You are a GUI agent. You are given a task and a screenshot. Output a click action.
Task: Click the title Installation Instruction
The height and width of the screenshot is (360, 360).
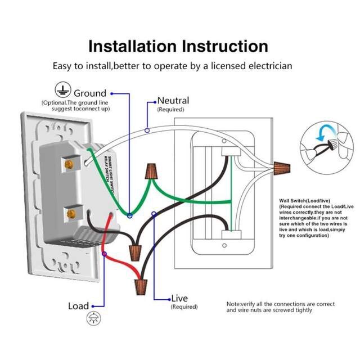[178, 46]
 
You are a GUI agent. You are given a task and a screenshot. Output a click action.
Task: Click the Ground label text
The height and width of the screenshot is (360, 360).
[89, 93]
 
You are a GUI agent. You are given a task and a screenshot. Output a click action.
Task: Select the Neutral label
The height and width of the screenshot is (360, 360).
[173, 100]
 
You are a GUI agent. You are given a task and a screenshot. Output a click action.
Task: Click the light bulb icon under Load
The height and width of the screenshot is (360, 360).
[91, 319]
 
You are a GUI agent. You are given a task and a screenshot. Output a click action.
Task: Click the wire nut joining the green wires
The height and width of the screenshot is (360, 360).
[151, 172]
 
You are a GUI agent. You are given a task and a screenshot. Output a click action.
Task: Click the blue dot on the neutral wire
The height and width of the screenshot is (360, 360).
[147, 130]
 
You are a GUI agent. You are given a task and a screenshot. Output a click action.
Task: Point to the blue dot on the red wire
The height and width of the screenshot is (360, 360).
[104, 254]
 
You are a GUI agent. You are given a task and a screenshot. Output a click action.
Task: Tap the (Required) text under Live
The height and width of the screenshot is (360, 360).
[184, 307]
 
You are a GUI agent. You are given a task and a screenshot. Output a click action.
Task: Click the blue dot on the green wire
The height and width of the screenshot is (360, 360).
[129, 215]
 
